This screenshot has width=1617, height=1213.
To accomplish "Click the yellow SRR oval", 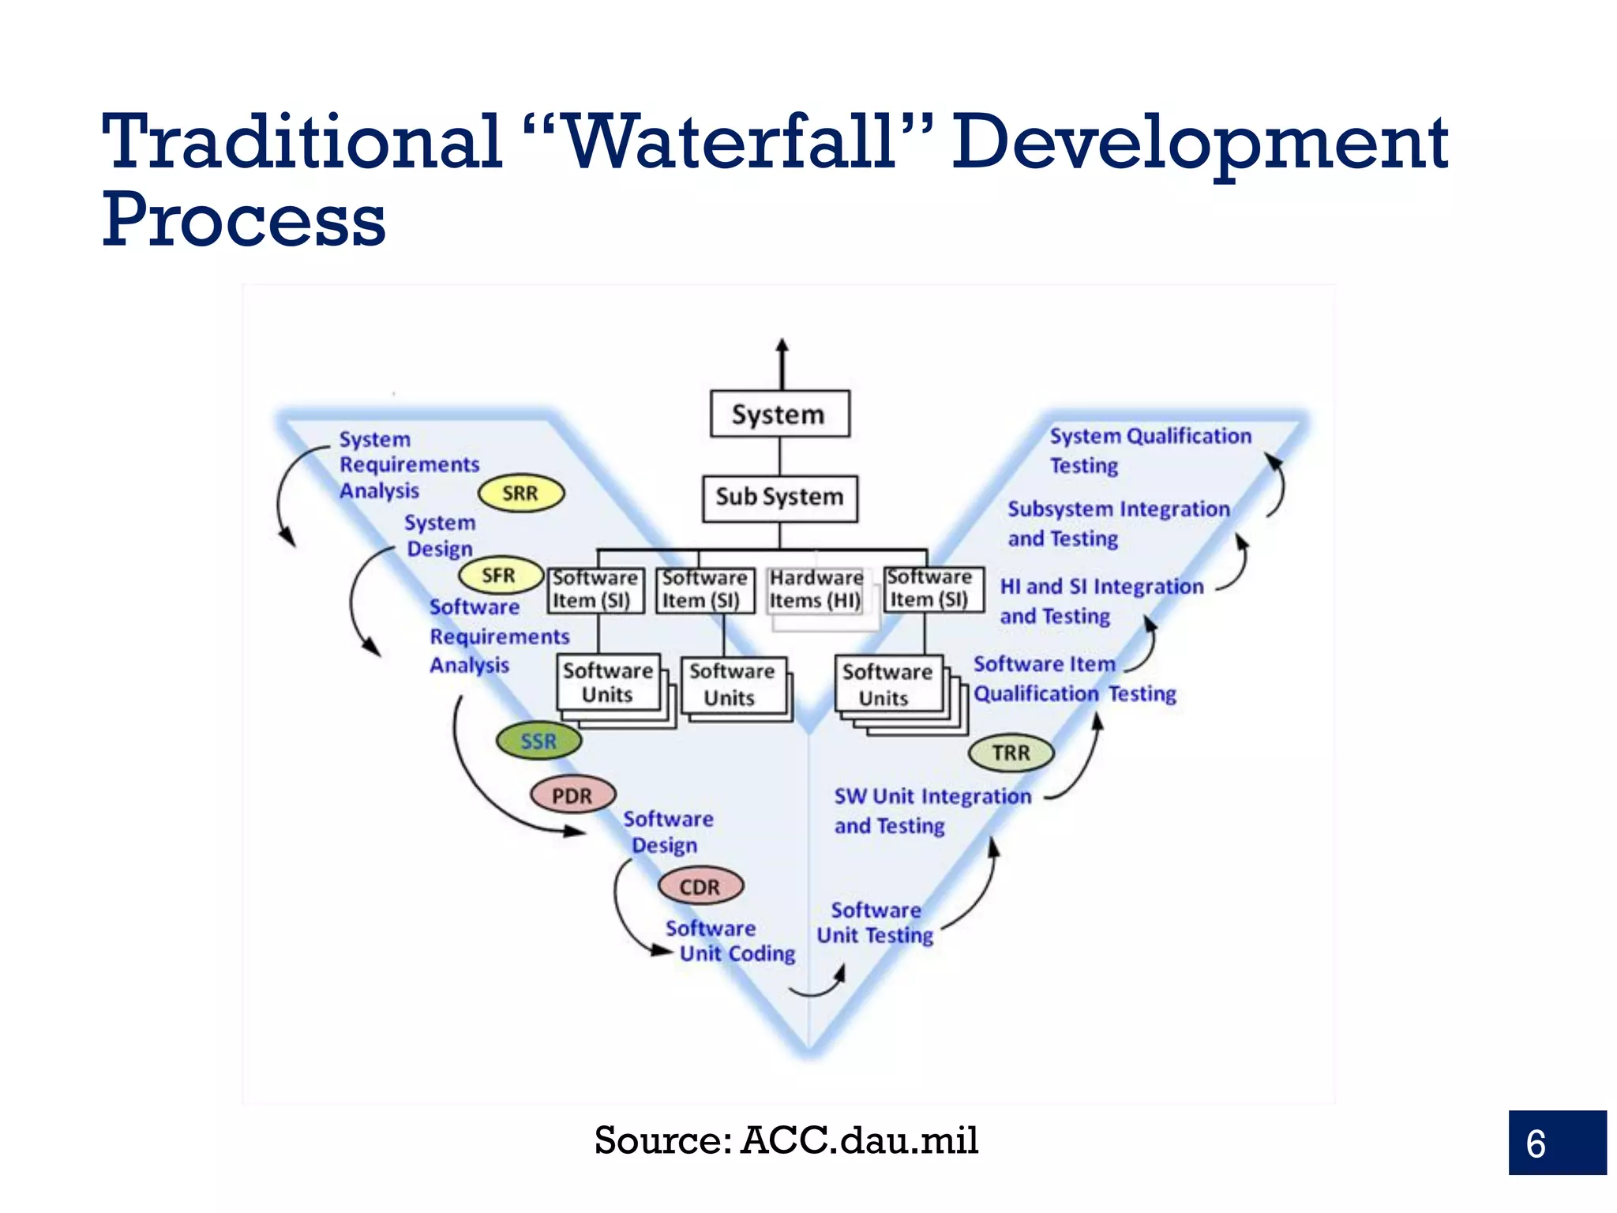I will coord(521,494).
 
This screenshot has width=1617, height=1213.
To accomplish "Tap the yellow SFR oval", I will coord(501,576).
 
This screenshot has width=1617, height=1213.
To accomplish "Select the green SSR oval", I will coord(539,741).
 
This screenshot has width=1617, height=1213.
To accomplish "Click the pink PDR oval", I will coord(572,795).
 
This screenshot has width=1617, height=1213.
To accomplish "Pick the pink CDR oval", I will coord(700,887).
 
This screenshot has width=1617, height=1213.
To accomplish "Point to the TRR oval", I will coord(1011,753).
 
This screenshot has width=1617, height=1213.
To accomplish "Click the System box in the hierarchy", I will coord(779,414).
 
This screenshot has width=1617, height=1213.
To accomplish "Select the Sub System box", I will coord(779,498).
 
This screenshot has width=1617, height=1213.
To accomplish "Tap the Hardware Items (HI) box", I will coord(816,590).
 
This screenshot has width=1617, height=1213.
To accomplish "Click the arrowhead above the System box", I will coord(782,346).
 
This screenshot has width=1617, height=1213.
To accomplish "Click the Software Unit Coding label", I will coord(730,941).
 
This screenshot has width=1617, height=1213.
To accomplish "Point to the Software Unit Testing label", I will coord(875,923).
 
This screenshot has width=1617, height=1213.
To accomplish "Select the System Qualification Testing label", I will coord(1149,450).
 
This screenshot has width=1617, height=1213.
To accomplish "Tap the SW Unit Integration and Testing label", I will coord(932,810).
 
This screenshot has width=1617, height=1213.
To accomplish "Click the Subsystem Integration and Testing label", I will coord(1117,523).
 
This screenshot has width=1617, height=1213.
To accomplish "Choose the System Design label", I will coord(440,535).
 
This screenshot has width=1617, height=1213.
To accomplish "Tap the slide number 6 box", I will coord(1556,1143).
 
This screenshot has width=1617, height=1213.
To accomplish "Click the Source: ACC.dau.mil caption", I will coord(786,1140).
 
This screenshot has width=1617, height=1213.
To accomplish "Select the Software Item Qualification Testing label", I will coord(1074,678).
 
